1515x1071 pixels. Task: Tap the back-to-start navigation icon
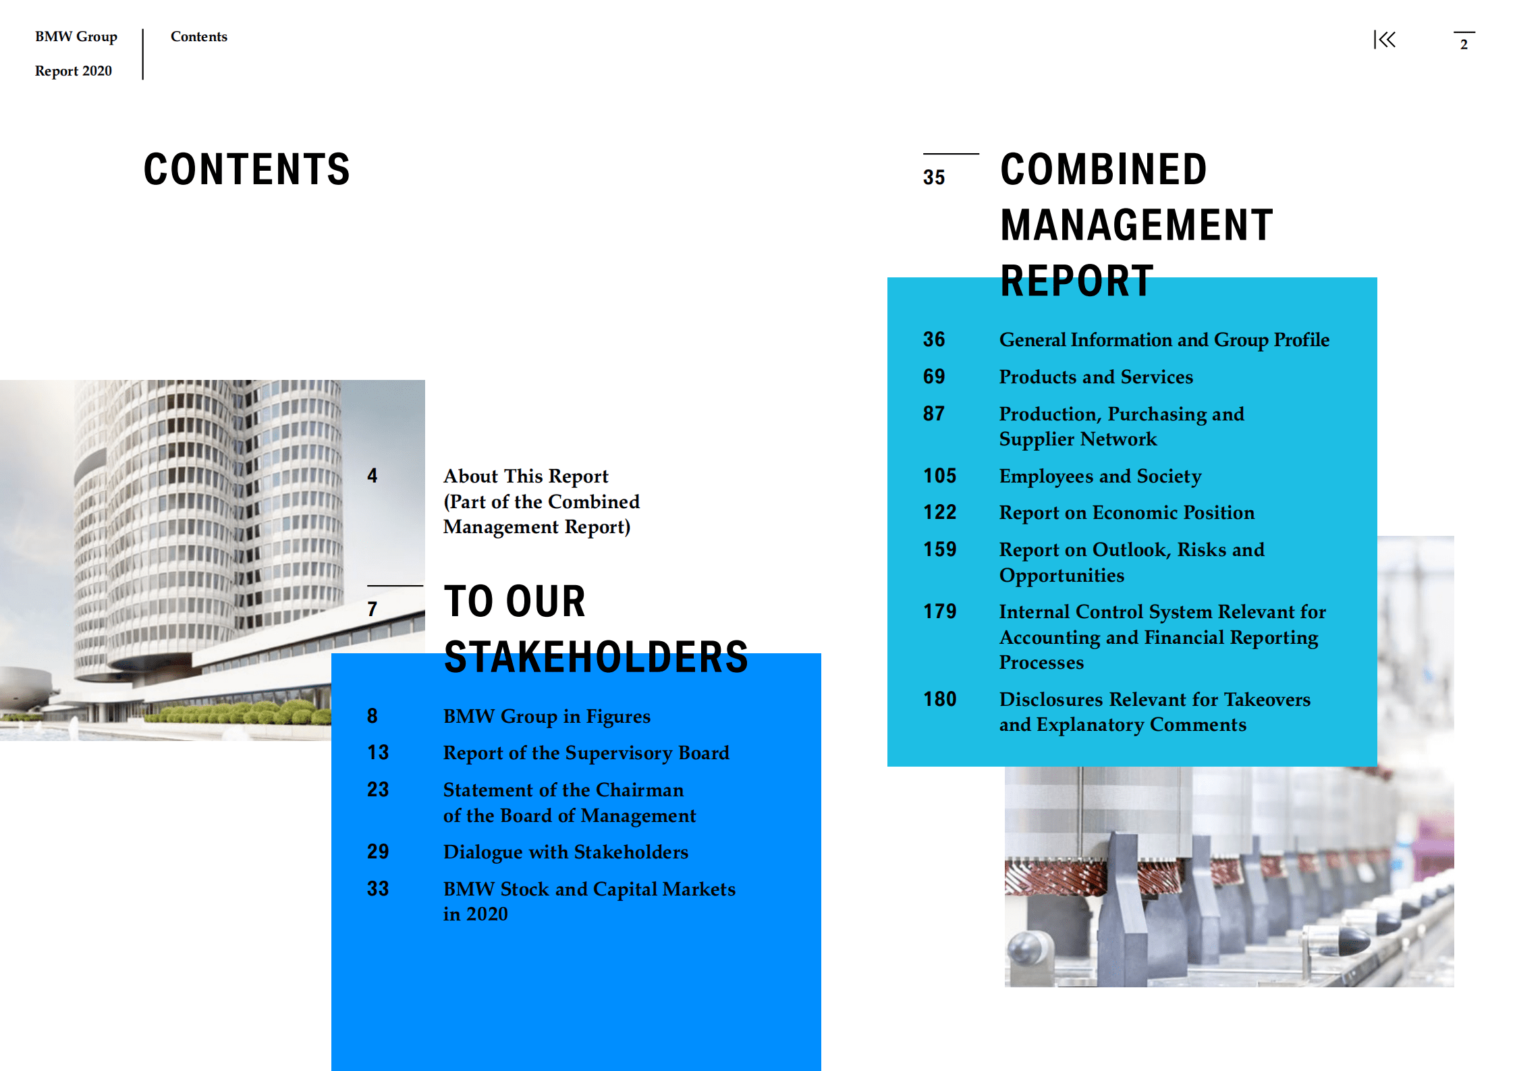(1384, 40)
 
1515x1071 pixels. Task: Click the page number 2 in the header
(1464, 45)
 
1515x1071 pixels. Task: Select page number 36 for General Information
(934, 339)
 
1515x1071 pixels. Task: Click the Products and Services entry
(1095, 377)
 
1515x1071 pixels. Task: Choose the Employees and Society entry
(1100, 476)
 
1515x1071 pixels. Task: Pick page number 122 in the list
(939, 512)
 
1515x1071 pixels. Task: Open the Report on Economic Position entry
(1126, 512)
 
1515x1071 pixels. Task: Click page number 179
(939, 611)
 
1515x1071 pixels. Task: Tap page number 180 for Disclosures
(939, 699)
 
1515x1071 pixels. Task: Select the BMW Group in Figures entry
(547, 716)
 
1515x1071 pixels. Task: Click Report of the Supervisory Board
(586, 752)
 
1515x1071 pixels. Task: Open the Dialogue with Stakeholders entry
(566, 852)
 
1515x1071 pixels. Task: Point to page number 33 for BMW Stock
(378, 889)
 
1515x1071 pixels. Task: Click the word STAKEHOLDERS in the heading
(596, 657)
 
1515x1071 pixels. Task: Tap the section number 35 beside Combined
(934, 177)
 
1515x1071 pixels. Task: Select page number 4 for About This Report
(372, 476)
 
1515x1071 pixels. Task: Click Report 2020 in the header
(74, 71)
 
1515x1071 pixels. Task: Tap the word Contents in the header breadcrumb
(199, 36)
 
